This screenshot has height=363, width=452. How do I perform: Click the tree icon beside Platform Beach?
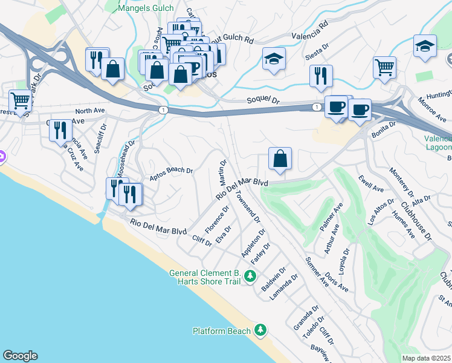[x=260, y=330]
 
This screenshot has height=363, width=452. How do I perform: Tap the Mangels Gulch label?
[x=146, y=8]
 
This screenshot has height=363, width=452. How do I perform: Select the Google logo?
[x=20, y=356]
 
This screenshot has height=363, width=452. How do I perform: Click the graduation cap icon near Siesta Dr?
[x=274, y=59]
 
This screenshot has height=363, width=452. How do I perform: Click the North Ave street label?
[x=91, y=111]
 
